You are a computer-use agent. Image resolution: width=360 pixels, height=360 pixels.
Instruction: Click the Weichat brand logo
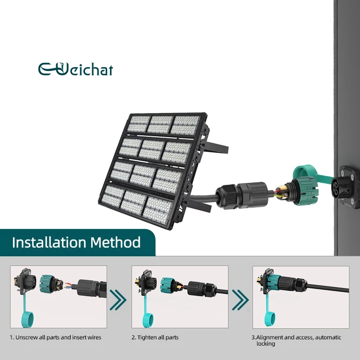click(75, 69)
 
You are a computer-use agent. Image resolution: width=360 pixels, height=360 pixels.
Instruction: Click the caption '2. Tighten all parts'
click(155, 337)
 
